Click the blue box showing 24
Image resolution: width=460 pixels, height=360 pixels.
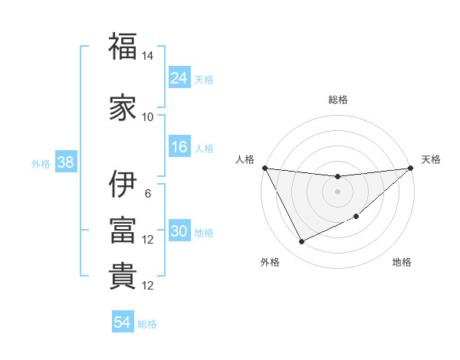[179, 77]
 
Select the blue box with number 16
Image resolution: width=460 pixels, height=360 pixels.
[179, 147]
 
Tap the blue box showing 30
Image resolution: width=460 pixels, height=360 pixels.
[179, 231]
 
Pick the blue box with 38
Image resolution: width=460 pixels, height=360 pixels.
[65, 162]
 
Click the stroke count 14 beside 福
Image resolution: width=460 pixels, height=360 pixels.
[148, 56]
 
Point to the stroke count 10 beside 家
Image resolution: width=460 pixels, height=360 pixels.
[148, 116]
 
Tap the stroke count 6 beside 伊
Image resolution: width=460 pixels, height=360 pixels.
[148, 193]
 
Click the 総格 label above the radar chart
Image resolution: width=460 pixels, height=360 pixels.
[337, 100]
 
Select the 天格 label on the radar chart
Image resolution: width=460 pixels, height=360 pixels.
[431, 159]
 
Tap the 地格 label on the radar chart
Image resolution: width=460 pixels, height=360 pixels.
[402, 263]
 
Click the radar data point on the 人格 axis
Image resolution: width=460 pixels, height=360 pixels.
[264, 168]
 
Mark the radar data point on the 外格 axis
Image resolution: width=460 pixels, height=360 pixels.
[301, 242]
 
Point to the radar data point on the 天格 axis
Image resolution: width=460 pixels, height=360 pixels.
[410, 168]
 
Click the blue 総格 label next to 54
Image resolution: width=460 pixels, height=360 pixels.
[148, 323]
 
